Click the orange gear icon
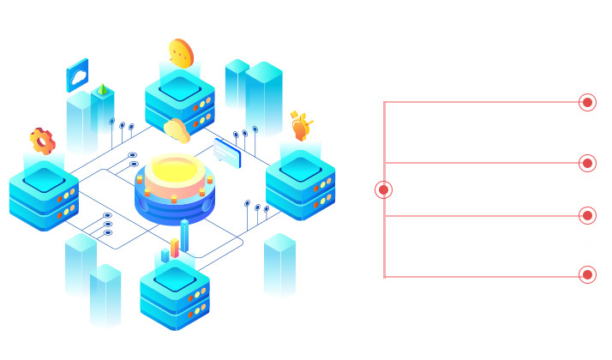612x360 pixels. point(42,141)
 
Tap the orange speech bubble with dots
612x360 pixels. point(181,53)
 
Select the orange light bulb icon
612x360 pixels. point(300,126)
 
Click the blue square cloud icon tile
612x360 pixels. point(78,76)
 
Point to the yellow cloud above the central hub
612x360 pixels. point(177,130)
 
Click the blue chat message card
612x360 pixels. point(227,153)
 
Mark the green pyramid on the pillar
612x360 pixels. point(103,89)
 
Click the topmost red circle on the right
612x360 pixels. point(587,102)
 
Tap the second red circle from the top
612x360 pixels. point(587,163)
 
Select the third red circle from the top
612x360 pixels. point(587,215)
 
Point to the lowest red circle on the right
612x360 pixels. point(587,274)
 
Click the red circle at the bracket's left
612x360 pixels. point(384,189)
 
